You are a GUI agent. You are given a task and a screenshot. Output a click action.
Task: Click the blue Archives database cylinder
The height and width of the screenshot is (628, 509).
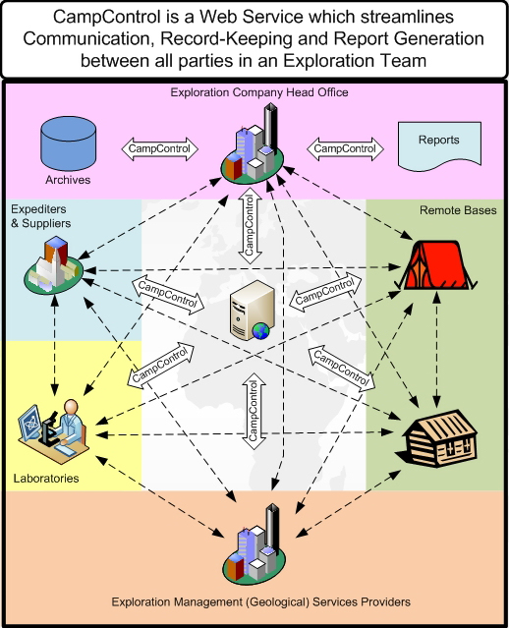pos(69,143)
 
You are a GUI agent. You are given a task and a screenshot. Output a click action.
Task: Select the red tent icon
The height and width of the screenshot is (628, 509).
pos(435,265)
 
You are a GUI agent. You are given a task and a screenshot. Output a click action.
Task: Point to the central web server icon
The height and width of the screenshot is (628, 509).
pos(252,311)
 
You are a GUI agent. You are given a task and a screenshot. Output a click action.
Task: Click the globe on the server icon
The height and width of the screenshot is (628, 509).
pos(260,331)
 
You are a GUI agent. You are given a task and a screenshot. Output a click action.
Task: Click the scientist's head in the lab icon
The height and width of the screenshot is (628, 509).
pos(72,407)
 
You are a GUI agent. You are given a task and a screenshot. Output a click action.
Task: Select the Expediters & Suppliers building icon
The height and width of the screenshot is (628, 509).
pos(53,264)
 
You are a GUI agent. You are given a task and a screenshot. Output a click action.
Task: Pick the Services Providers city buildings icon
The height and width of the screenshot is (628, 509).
pos(254,544)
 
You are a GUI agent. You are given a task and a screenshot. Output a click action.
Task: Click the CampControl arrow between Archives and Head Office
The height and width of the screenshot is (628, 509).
pos(160,149)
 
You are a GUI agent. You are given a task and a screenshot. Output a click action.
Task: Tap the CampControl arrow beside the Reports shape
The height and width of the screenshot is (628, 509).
pos(345,149)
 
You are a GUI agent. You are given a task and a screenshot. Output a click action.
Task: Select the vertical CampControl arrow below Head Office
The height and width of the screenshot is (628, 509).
pos(250,226)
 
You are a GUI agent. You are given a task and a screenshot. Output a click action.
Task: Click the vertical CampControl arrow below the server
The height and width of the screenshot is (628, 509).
pos(254,412)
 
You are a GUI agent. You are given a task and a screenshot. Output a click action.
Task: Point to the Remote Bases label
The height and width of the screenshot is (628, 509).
pos(458,210)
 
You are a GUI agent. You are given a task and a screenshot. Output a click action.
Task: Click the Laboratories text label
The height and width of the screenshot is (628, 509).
pos(46,479)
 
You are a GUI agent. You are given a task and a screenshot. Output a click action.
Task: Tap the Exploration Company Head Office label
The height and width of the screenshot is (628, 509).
pos(259,92)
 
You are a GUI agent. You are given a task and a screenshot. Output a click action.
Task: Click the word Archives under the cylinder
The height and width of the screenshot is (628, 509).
pos(68,180)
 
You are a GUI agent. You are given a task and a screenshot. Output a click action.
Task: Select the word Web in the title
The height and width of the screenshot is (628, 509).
pos(216,17)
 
